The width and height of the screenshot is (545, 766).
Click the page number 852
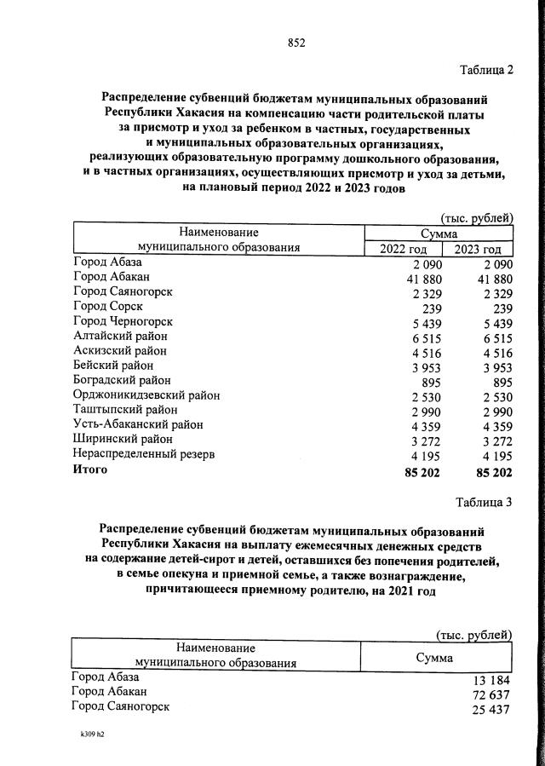pyautogui.click(x=296, y=43)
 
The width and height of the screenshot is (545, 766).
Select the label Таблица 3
pyautogui.click(x=484, y=502)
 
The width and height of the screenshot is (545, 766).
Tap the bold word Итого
pyautogui.click(x=90, y=469)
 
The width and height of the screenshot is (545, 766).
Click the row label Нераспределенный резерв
pyautogui.click(x=145, y=454)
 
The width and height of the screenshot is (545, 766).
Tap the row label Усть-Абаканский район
pyautogui.click(x=139, y=424)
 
